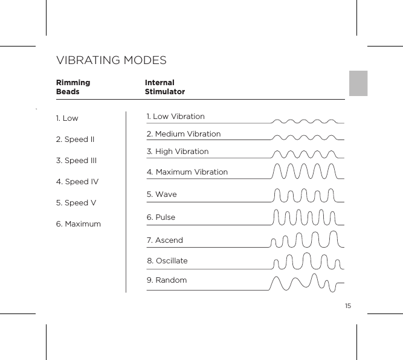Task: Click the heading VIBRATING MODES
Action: click(111, 61)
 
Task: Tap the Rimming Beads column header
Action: click(73, 87)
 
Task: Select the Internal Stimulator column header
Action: click(164, 87)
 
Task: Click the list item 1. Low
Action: click(66, 118)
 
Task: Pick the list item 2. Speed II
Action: click(75, 140)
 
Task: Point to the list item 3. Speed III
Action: click(76, 161)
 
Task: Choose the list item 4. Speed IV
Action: click(77, 182)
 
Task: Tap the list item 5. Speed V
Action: click(76, 203)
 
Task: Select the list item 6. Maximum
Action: click(78, 224)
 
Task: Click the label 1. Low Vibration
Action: click(175, 116)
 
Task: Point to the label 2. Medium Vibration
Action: click(184, 133)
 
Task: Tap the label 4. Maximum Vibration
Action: click(187, 172)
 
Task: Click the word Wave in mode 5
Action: click(166, 194)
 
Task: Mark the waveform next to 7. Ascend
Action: click(306, 239)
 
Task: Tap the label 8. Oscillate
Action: click(167, 261)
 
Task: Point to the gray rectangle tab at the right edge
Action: click(358, 83)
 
